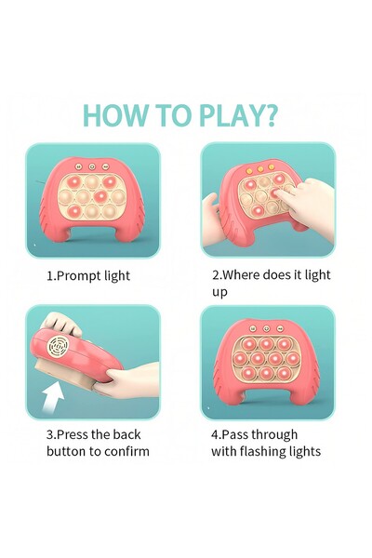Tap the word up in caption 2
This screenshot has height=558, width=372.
[x=219, y=292]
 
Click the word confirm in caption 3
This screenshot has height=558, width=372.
[x=127, y=451]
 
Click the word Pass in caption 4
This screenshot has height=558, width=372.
[x=237, y=434]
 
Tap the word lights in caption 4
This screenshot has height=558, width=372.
[x=306, y=451]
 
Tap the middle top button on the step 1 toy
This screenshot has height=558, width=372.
[x=93, y=166]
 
